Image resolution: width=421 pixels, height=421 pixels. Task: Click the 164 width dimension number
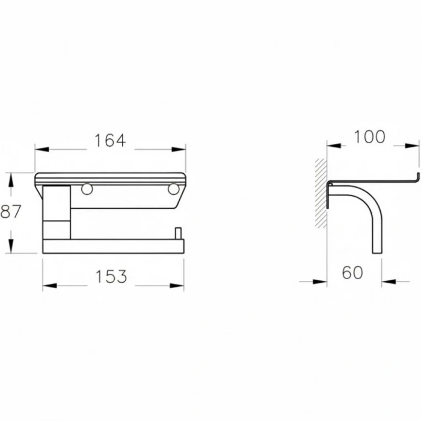[x=110, y=141]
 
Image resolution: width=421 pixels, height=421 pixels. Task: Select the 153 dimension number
[x=111, y=277]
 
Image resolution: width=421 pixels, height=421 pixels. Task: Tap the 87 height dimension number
[x=11, y=212]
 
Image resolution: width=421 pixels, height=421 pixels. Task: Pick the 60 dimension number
[x=353, y=272]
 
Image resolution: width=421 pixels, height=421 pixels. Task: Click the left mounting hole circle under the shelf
[x=87, y=189]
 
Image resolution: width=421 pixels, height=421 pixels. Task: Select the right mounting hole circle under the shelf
[x=173, y=189]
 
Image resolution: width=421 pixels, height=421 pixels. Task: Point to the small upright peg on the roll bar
[x=177, y=233]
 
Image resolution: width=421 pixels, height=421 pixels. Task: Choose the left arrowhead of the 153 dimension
[x=46, y=286]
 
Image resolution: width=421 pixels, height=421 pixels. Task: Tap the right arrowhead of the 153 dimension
[x=180, y=286]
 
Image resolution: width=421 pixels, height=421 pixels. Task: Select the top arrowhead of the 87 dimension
[x=10, y=177]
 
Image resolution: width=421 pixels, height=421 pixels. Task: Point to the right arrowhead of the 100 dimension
[x=416, y=146]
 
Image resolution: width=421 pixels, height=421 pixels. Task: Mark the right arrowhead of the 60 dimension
[x=386, y=281]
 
